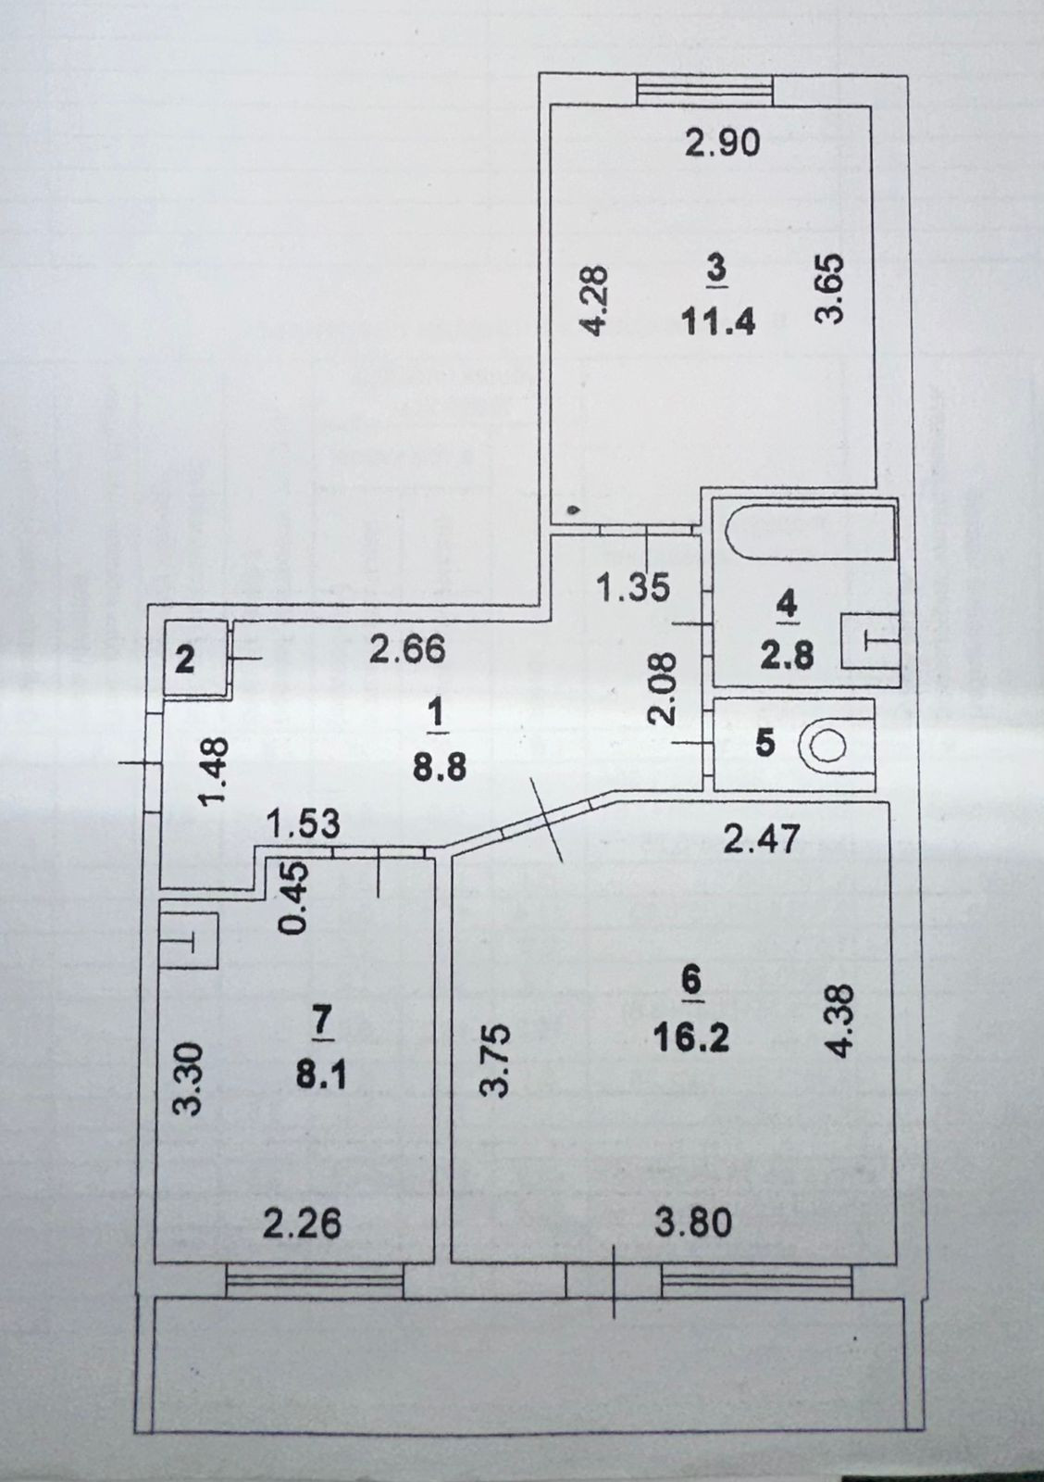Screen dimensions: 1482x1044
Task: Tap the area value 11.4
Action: (719, 321)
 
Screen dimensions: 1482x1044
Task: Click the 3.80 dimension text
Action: (693, 1224)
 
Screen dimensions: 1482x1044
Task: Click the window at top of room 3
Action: (704, 90)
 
